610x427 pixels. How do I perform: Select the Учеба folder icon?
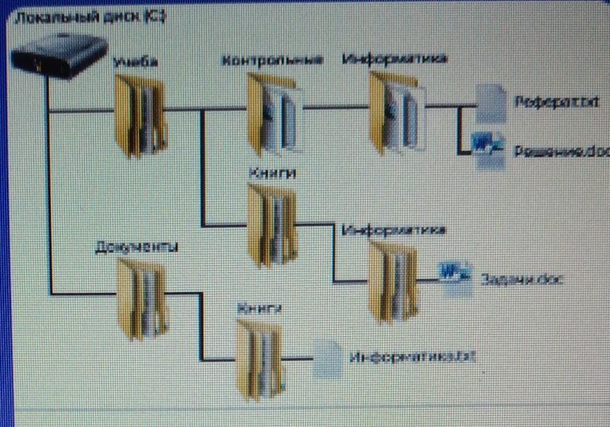click(x=140, y=115)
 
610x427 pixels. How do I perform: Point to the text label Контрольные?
click(x=272, y=61)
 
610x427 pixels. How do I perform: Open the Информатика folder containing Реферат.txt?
click(x=396, y=112)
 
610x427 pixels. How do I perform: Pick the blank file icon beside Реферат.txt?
click(x=492, y=103)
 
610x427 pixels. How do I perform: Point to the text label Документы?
click(x=136, y=247)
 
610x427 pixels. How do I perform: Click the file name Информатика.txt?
click(x=412, y=357)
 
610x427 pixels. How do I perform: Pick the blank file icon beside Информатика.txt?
click(x=328, y=359)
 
